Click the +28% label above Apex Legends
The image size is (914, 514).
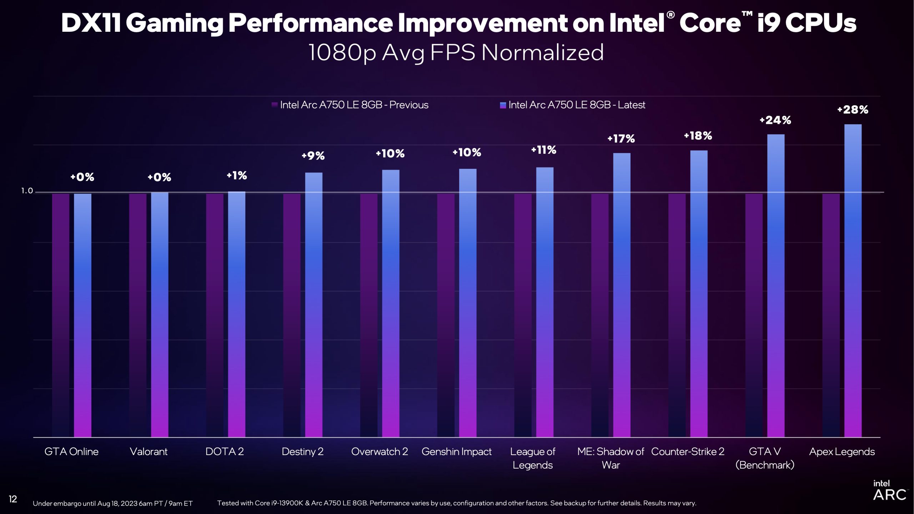point(853,110)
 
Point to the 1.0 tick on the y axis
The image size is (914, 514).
point(27,191)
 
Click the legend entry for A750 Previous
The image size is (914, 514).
point(350,105)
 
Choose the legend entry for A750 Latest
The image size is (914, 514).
point(573,105)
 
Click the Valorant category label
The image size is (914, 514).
point(149,452)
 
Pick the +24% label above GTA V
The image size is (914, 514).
point(775,120)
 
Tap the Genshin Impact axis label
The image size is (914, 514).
point(456,452)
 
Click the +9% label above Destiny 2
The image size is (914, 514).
point(313,156)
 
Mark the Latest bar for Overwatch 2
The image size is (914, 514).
point(391,303)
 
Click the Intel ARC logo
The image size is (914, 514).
point(889,490)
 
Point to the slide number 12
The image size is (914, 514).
point(13,499)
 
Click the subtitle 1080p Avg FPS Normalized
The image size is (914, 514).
point(456,53)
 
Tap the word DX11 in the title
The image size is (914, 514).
point(91,23)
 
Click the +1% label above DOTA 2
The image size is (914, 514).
point(237,176)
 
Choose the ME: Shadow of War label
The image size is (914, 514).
point(611,458)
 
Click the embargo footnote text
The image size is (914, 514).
point(112,504)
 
